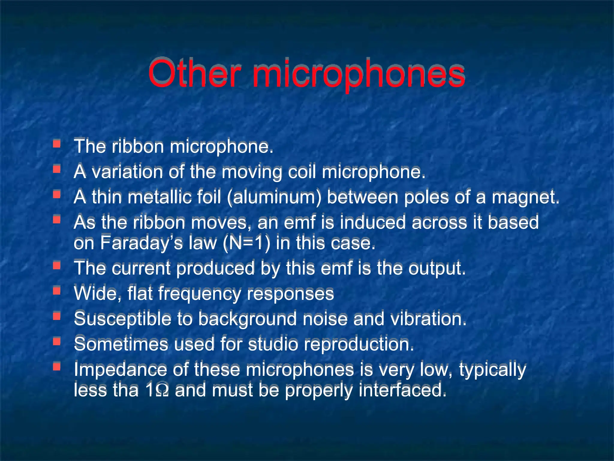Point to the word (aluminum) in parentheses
coord(274,197)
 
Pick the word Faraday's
coord(141,243)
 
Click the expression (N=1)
coord(246,243)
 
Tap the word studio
coord(273,344)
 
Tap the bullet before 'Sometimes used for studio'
coord(56,341)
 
